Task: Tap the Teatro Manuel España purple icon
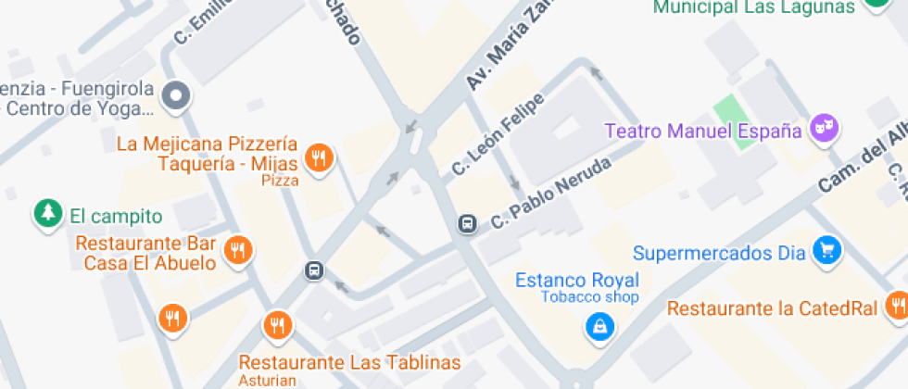(824, 129)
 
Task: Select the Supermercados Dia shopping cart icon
(826, 250)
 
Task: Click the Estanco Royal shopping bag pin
(599, 325)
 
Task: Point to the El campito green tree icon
(47, 214)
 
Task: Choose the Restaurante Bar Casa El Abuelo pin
(239, 250)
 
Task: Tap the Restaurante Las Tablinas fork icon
(276, 324)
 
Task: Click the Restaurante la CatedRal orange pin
(896, 304)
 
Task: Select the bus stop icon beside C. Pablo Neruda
(468, 224)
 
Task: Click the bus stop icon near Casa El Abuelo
(314, 270)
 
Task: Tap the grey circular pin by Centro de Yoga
(175, 94)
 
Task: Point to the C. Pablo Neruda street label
(550, 194)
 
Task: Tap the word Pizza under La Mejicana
(280, 181)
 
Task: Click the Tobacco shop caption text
(590, 297)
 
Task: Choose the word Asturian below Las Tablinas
(268, 379)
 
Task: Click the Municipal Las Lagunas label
(753, 7)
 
